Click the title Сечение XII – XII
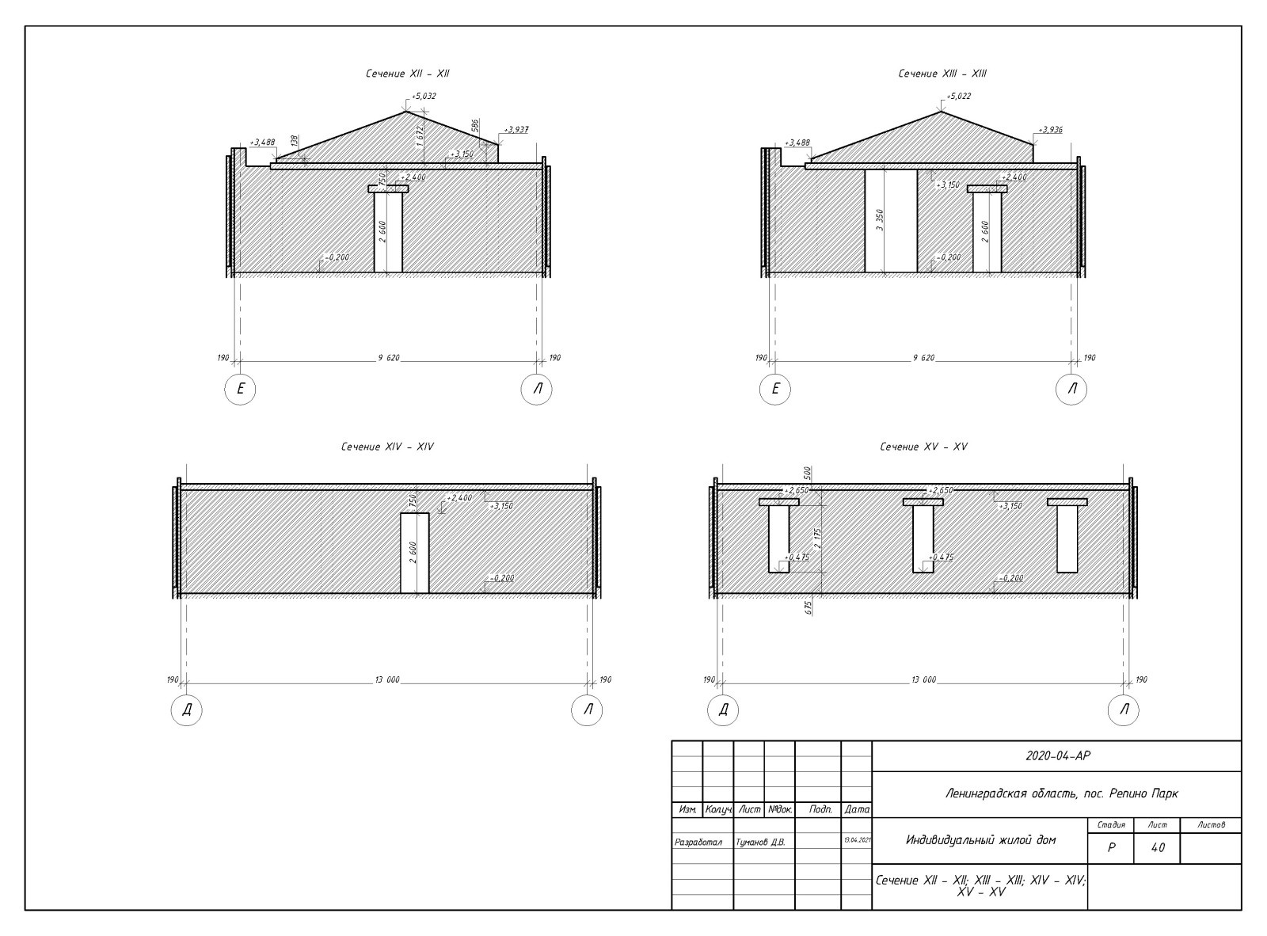point(407,74)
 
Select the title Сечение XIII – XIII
point(942,74)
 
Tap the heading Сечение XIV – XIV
point(387,447)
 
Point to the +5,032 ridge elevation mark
point(424,96)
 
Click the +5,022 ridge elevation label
point(958,96)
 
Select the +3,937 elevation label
point(516,130)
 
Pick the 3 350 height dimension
point(880,220)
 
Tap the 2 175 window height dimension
point(817,538)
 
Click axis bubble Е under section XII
point(240,389)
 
